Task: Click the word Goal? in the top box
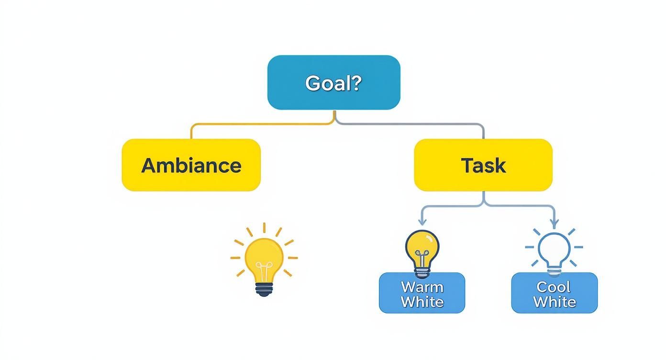[333, 83]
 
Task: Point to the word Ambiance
[191, 165]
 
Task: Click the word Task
[483, 165]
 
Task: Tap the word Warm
[422, 287]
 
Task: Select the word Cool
[554, 287]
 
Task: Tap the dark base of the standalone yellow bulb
[264, 289]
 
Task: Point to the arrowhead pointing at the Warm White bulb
[422, 222]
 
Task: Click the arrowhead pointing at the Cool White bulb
[554, 223]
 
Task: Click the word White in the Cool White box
[555, 302]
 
